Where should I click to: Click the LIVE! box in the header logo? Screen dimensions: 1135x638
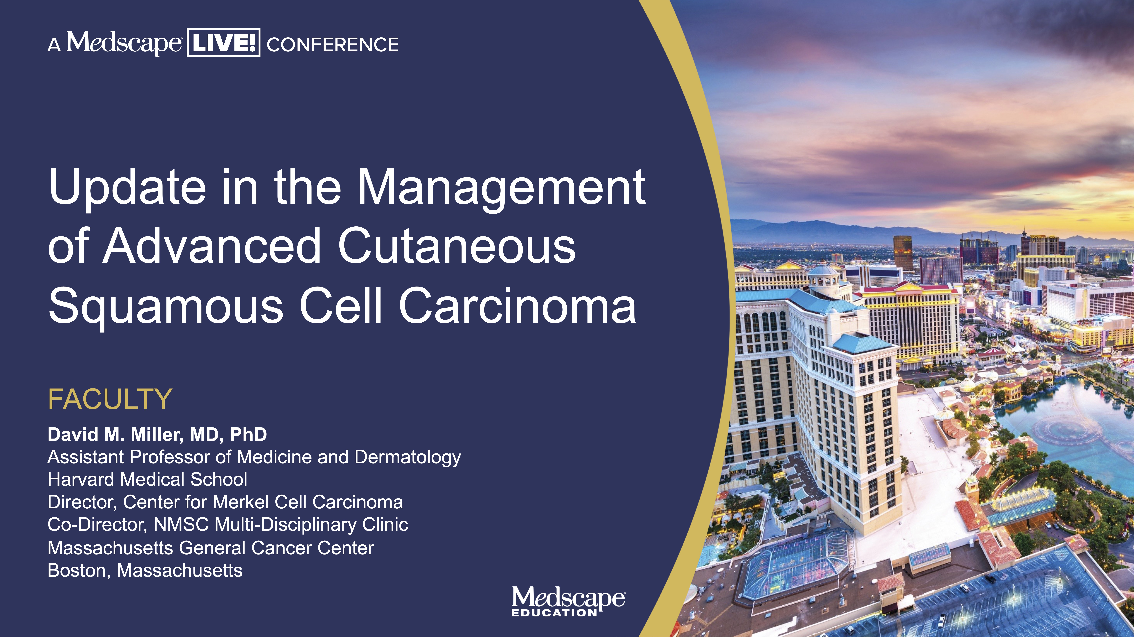(x=223, y=43)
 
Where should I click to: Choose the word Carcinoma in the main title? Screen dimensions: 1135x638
(x=518, y=306)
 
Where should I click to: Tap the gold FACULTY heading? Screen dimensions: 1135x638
(x=110, y=399)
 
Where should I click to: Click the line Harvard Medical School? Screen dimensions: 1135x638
(x=148, y=479)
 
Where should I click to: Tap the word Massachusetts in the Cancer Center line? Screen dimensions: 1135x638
(x=110, y=548)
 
